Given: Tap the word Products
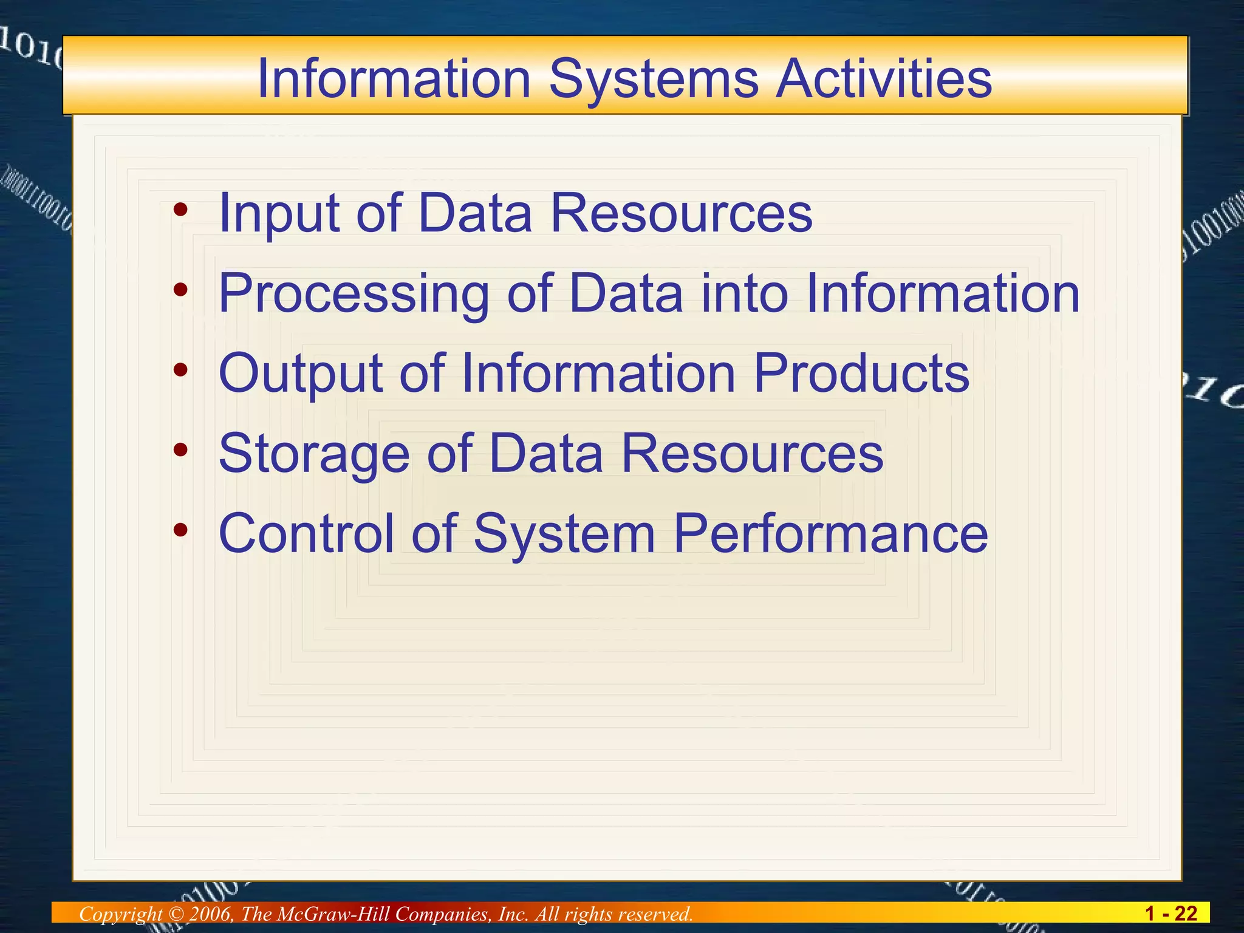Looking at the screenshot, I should (861, 373).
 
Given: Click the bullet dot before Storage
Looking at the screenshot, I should (180, 450).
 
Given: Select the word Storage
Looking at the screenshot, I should (314, 454).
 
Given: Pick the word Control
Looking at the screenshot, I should (306, 533).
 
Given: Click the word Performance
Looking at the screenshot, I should (830, 533).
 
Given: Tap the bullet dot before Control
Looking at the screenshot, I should (180, 530).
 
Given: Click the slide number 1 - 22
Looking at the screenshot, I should (1171, 913).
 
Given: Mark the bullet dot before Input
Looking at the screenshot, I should (180, 210).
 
